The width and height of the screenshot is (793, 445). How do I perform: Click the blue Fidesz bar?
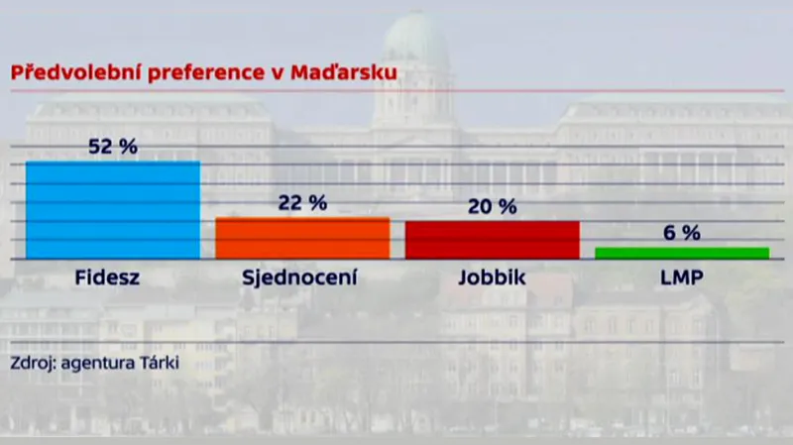click(112, 210)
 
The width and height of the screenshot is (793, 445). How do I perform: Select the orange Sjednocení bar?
click(302, 238)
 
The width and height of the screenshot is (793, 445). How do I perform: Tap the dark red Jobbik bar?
click(492, 240)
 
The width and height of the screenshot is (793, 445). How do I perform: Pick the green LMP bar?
click(681, 253)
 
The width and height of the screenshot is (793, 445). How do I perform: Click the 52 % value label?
click(112, 147)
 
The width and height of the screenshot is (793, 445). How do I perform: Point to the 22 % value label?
click(302, 203)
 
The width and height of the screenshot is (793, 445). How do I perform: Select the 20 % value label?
click(492, 207)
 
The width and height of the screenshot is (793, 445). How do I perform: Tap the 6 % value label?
click(681, 233)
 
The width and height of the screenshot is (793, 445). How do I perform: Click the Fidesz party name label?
click(108, 278)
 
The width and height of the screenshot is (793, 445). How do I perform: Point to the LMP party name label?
click(681, 278)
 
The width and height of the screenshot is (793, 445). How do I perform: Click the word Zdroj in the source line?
click(31, 362)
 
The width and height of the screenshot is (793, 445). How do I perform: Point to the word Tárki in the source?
click(160, 362)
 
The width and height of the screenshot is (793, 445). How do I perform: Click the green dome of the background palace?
click(416, 40)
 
